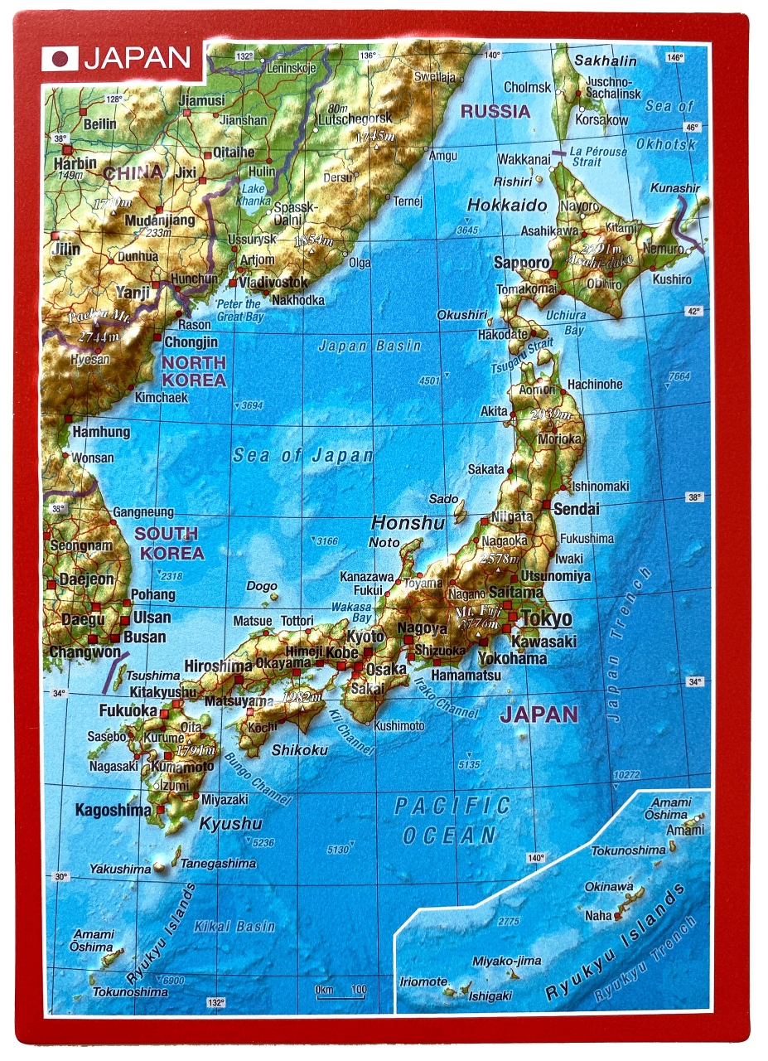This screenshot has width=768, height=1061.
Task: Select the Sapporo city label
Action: tap(522, 263)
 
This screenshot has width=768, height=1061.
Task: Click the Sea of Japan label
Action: tap(302, 455)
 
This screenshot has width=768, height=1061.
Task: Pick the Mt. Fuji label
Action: tap(475, 614)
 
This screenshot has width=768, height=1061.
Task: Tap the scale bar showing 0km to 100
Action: tap(341, 992)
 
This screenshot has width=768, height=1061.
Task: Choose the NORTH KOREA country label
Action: tap(194, 371)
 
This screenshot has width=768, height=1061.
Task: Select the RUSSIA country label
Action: tap(495, 111)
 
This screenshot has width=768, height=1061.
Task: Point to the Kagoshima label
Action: tap(114, 810)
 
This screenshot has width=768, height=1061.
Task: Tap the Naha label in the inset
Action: tap(597, 915)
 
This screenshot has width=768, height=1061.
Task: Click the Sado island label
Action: tap(443, 499)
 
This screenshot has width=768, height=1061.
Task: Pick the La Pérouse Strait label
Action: tap(597, 157)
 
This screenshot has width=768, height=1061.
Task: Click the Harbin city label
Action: tap(75, 163)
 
